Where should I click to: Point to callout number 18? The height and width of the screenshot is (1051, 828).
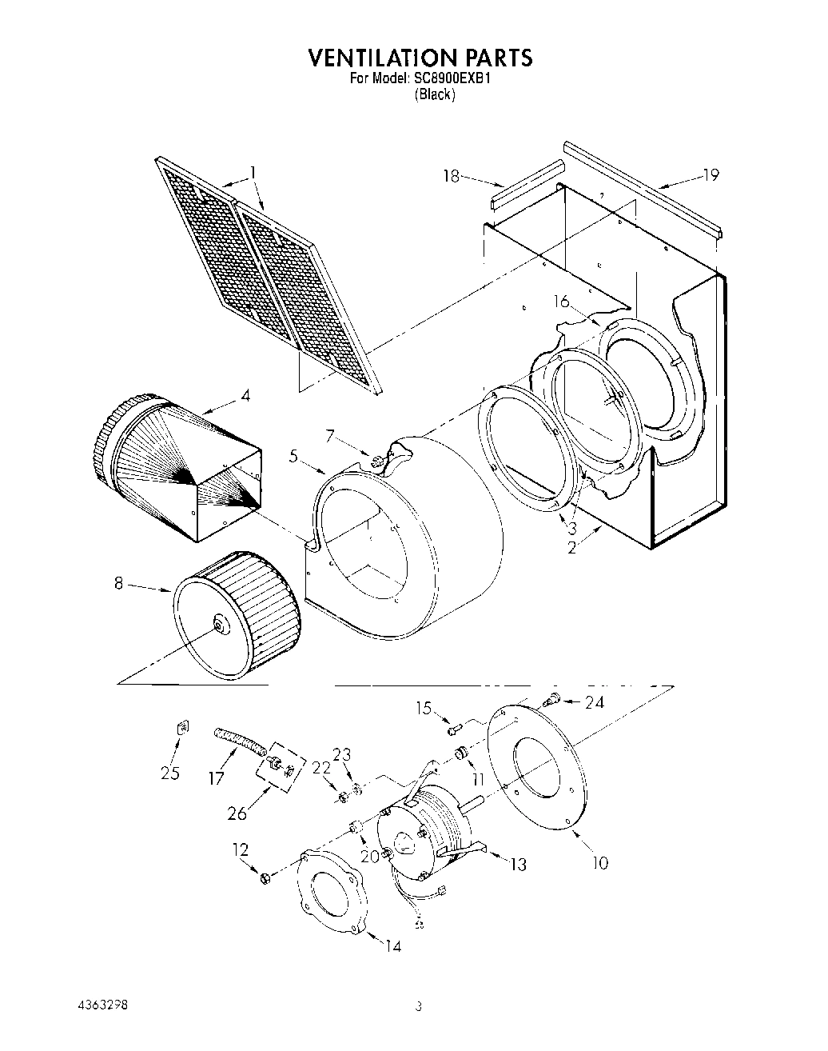click(452, 175)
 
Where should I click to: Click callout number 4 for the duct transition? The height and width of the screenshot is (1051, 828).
click(245, 395)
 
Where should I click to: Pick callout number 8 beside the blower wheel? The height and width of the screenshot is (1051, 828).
click(118, 584)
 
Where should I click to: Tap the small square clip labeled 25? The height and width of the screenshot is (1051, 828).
click(182, 727)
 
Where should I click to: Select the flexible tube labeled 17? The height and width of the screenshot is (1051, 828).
click(238, 741)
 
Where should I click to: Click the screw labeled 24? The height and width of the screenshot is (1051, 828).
click(550, 701)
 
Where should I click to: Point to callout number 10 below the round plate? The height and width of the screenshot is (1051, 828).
click(599, 862)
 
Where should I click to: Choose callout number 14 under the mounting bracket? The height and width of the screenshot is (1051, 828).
click(392, 946)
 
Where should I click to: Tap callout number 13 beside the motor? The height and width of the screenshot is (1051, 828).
click(518, 864)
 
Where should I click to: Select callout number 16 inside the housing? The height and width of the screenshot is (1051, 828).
click(562, 302)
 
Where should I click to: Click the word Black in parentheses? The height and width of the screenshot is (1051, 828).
click(435, 94)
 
